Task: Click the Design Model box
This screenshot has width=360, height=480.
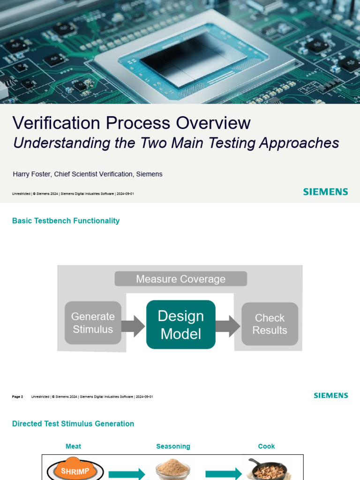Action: (x=181, y=325)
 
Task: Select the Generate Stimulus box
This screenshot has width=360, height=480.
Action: (x=93, y=323)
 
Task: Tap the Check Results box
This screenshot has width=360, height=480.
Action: (x=270, y=324)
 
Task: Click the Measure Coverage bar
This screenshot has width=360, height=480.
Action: (x=180, y=279)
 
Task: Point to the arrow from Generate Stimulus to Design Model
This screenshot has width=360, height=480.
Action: (x=133, y=326)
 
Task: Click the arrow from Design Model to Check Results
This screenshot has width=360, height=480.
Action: (x=228, y=326)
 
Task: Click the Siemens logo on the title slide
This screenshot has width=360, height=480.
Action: (x=325, y=192)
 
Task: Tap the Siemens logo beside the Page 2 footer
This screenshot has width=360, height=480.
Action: (x=330, y=396)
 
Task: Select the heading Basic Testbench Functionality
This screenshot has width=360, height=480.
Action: (x=66, y=221)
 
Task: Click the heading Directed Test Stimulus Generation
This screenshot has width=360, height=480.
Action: (x=73, y=424)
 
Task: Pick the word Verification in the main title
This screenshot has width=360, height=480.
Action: (x=56, y=123)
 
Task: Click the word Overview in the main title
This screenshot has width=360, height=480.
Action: (x=213, y=123)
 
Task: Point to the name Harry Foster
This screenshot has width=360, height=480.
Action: (x=31, y=174)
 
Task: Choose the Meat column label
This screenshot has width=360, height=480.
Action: (x=73, y=446)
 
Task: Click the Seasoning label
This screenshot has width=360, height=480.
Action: (x=173, y=446)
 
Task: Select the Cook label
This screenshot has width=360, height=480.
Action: (x=266, y=446)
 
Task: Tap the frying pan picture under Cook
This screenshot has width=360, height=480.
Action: (x=267, y=469)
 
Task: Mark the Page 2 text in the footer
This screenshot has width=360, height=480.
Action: (x=17, y=397)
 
